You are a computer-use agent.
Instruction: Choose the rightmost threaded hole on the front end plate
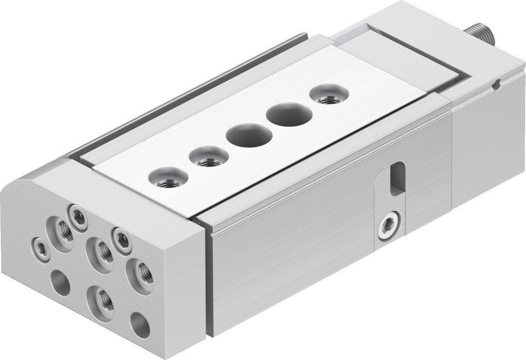coord(140,273)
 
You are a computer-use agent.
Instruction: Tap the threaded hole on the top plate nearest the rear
coord(328,95)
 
